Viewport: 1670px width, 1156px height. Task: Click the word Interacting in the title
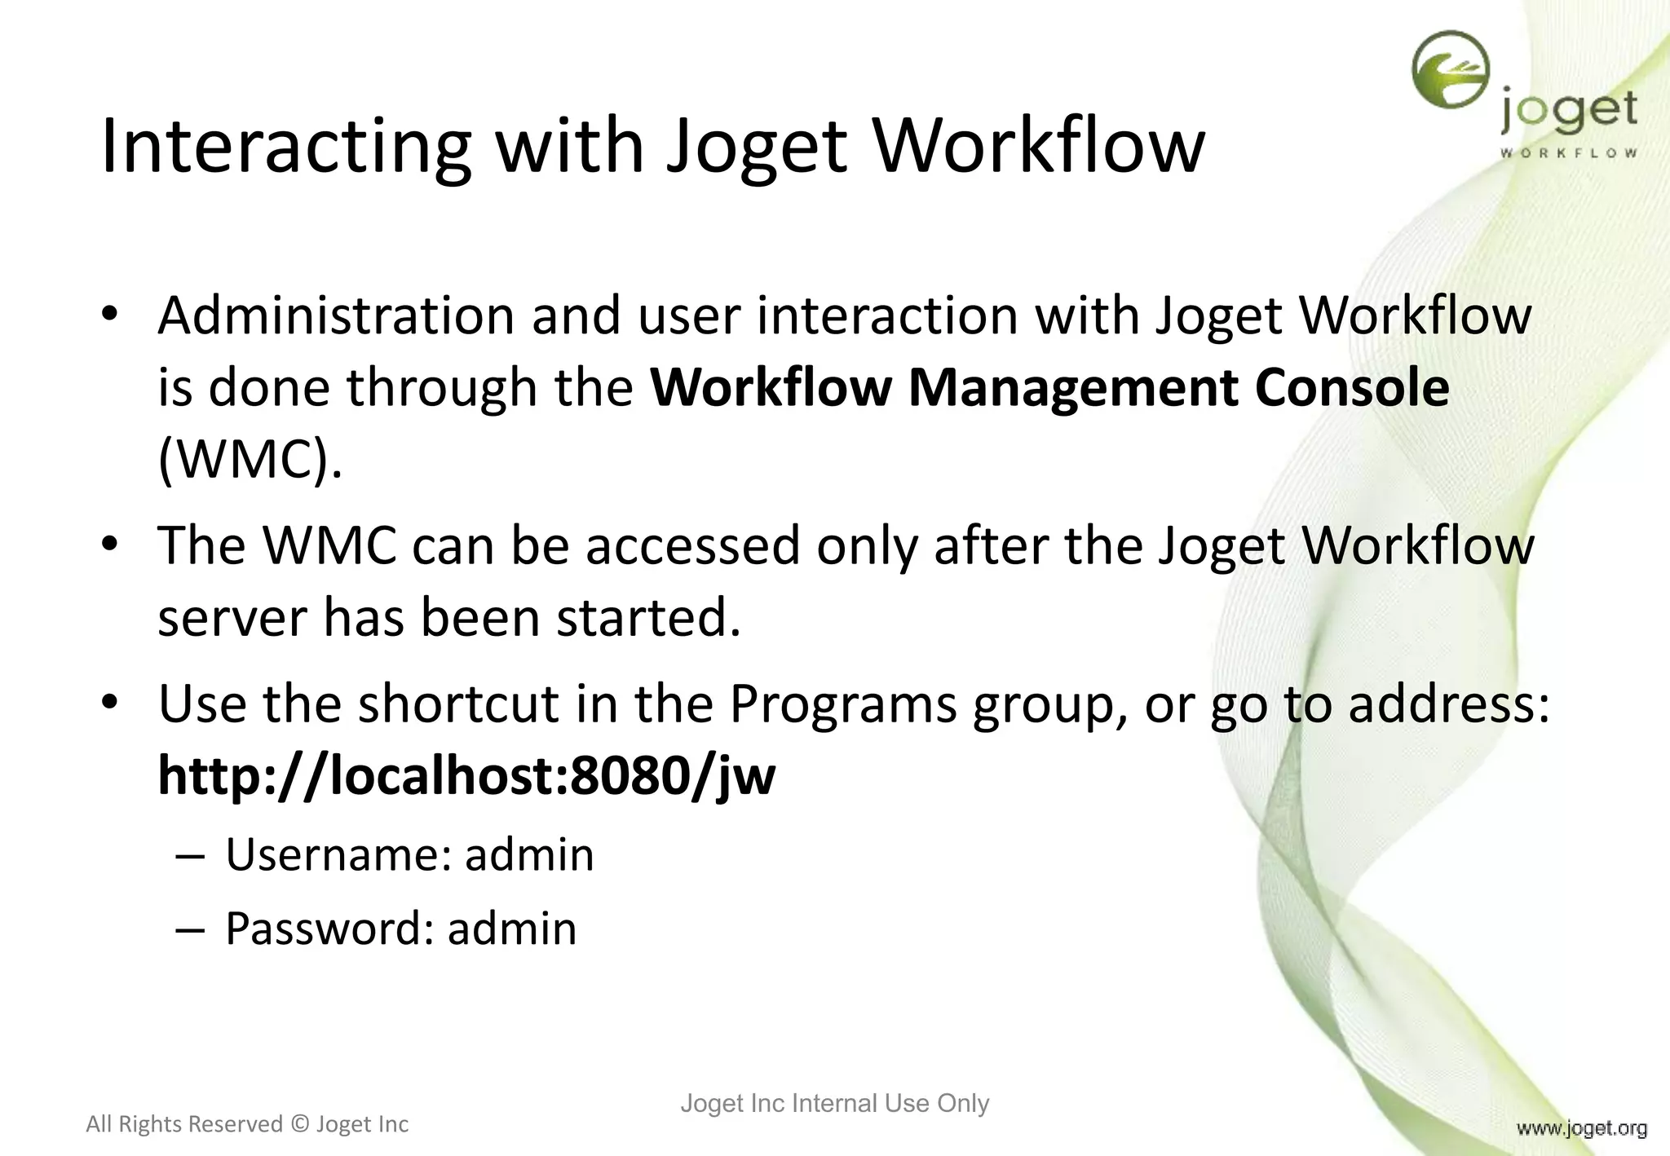tap(285, 147)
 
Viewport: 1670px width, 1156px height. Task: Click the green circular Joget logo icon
tap(1451, 70)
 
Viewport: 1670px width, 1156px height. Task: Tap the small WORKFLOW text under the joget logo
tap(1568, 152)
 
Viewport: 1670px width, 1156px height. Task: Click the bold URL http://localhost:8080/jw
tap(466, 775)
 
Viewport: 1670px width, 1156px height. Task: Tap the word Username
tap(338, 855)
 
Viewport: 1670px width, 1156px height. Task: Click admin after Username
tap(529, 855)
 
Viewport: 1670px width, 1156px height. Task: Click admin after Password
tap(512, 929)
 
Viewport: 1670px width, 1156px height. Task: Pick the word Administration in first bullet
tap(336, 315)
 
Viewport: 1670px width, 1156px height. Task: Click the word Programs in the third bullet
tap(842, 704)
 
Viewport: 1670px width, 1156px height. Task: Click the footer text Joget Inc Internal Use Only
tap(834, 1103)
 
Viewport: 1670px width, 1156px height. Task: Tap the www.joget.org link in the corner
tap(1581, 1128)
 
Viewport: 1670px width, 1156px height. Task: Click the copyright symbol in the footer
tap(299, 1124)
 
